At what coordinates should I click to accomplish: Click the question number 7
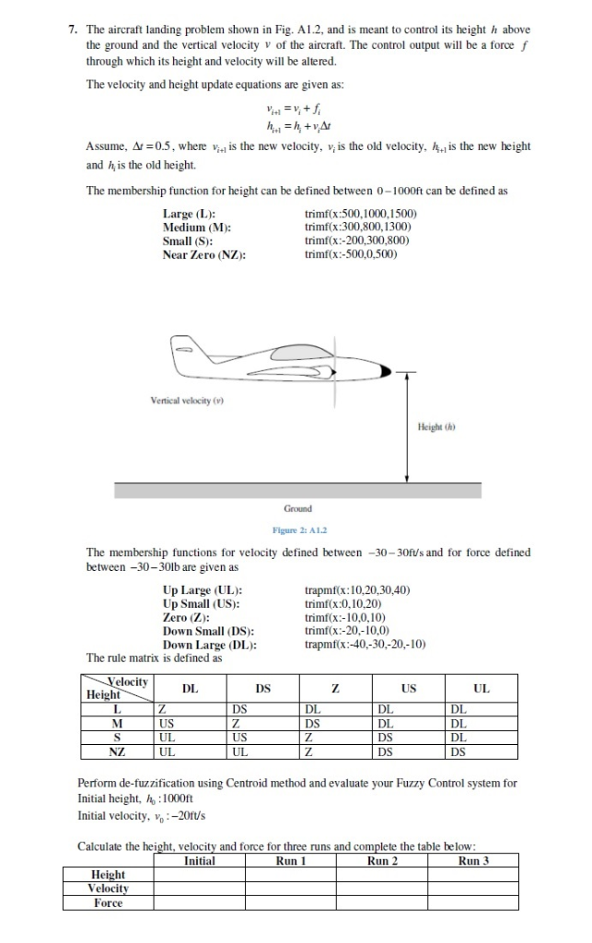[x=72, y=29]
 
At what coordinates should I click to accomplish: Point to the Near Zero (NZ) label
[x=203, y=253]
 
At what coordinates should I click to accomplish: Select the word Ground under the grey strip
[x=297, y=507]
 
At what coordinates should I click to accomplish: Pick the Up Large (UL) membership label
[x=202, y=589]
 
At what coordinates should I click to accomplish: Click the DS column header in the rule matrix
[x=262, y=688]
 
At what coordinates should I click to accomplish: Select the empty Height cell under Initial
[x=199, y=875]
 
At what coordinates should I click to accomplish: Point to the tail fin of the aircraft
[x=183, y=350]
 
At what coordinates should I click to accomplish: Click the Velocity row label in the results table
[x=108, y=889]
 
